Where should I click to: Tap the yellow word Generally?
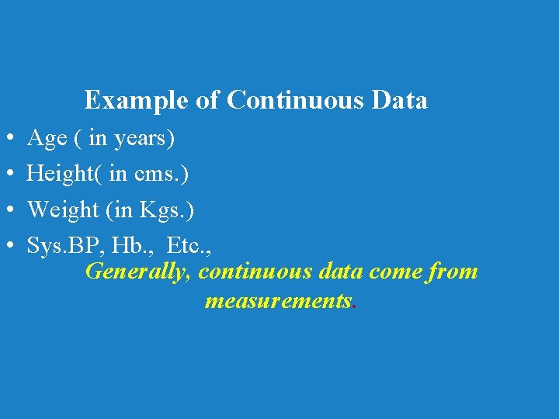point(139,273)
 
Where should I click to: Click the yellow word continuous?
point(255,272)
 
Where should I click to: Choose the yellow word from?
point(453,272)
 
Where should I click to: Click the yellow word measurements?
point(278,301)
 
